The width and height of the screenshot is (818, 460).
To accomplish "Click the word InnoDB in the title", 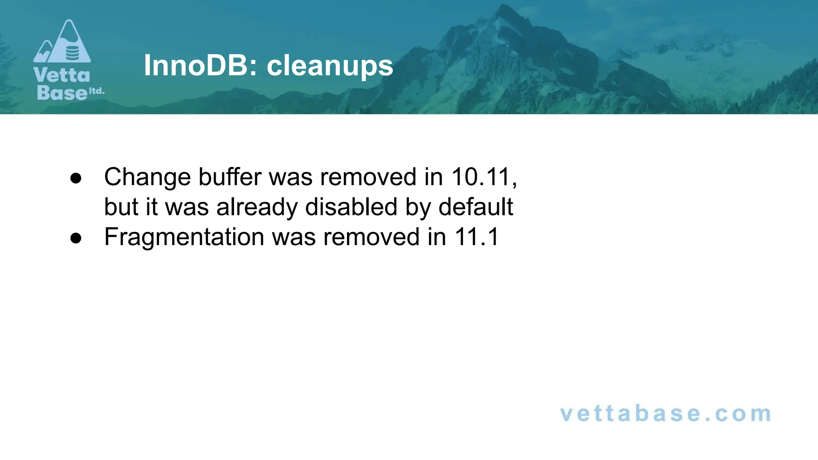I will point(196,65).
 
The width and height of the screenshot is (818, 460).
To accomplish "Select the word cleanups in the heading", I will point(330,66).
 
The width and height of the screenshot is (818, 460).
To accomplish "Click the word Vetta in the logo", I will point(62,75).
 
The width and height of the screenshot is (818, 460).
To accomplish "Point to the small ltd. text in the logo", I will point(96,91).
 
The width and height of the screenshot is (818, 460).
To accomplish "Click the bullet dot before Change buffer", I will point(75,178).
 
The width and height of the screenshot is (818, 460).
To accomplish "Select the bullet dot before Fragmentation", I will point(75,238).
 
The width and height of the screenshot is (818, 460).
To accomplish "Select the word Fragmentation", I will point(184,237).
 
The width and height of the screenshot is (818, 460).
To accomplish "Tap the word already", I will point(257,208).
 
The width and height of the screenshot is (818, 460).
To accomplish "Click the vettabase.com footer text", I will point(665,414).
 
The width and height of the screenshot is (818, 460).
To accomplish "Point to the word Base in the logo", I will point(62,93).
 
